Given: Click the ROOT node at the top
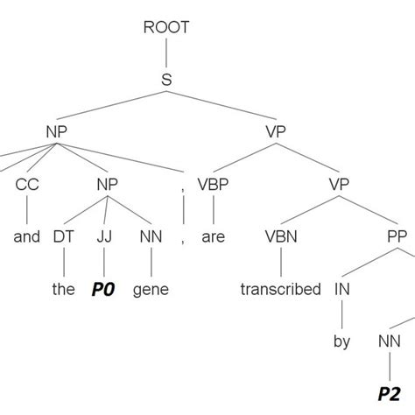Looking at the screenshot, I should point(165,26).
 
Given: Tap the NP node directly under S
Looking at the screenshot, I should point(57,131).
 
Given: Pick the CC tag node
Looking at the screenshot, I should point(26,184).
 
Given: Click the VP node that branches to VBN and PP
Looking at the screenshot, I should point(338,184).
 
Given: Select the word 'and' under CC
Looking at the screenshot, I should point(27,236).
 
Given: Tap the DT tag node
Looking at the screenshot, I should point(63,236).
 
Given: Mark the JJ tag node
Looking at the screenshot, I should point(104,236).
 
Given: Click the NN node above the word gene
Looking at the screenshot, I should point(151,236).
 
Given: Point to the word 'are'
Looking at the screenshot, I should point(215,236).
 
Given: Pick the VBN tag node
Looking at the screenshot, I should point(280,236).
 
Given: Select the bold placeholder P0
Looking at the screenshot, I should point(104,289).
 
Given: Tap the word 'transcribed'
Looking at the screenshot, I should point(280,289).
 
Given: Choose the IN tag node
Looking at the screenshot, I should point(341,289).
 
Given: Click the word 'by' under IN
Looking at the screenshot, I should point(341,341).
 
